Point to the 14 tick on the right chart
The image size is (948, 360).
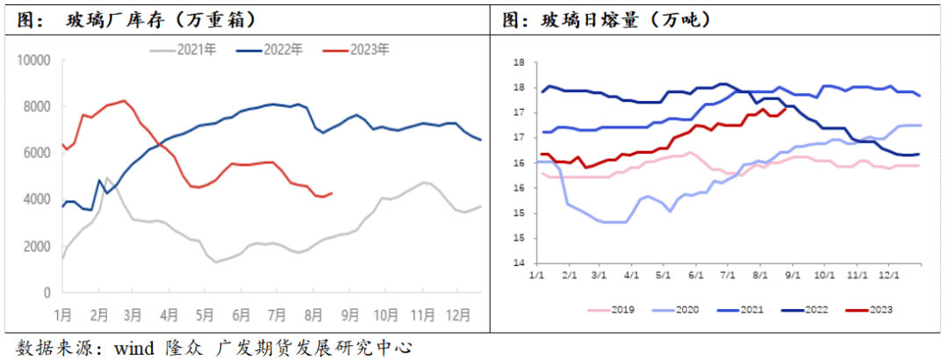point(519,263)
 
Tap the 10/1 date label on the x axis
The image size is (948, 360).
point(824,275)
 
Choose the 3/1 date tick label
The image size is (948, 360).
point(600,275)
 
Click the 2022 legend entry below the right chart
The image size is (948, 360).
point(811,309)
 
